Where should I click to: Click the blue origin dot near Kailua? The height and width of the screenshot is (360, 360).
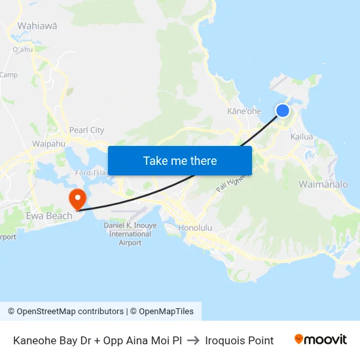(x=283, y=111)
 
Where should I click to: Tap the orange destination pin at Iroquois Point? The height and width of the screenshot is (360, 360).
(x=77, y=198)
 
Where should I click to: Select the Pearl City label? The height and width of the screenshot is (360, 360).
(x=86, y=130)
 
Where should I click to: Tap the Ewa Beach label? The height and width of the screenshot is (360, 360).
(x=49, y=216)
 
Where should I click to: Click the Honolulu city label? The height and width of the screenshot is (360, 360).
(x=195, y=228)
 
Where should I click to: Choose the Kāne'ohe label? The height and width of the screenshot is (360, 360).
(x=243, y=111)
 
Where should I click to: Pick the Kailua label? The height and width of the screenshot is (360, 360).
(x=302, y=137)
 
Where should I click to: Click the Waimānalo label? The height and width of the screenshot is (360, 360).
(x=323, y=185)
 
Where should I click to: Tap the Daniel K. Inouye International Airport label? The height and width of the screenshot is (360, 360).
(x=130, y=234)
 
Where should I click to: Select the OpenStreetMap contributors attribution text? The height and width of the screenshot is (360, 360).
(x=70, y=312)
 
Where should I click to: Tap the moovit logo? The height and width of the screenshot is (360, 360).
(x=321, y=340)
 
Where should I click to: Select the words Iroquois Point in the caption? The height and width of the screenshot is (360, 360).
(x=239, y=340)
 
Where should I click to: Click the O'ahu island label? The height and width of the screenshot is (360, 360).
(x=22, y=49)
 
